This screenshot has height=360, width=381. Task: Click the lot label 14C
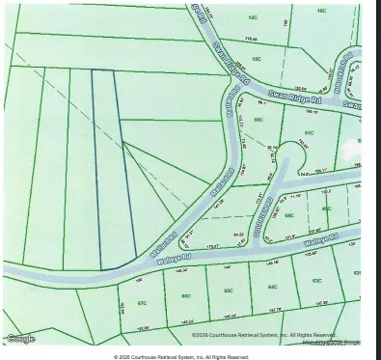click(252, 16)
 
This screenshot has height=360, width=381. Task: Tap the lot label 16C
click(321, 12)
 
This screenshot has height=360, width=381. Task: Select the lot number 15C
click(256, 58)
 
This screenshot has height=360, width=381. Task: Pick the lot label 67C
click(142, 302)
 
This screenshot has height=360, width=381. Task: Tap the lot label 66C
click(185, 295)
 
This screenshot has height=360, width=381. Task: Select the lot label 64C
click(273, 287)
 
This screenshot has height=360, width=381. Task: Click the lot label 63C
click(316, 280)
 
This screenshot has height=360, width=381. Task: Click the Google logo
click(20, 338)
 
